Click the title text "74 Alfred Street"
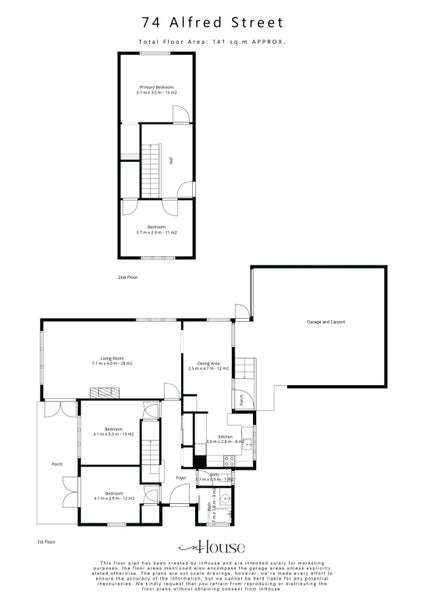211,20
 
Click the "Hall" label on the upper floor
171,160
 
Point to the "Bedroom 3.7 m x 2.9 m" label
156,229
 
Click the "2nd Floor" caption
127,276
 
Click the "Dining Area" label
209,364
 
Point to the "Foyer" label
182,478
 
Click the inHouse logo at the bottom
211,548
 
